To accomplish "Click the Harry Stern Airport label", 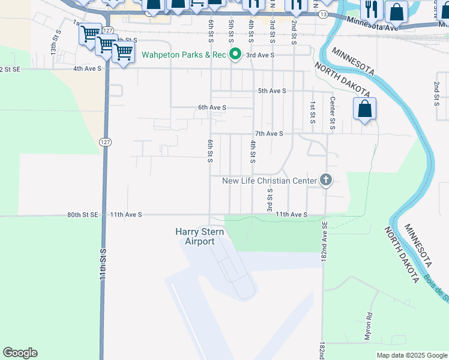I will (x=195, y=236).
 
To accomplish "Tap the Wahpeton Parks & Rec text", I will (x=184, y=55).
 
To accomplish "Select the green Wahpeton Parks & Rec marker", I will (x=236, y=55).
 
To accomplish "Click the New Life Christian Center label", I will (x=269, y=181).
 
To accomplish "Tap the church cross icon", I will (x=326, y=179).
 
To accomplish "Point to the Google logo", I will (x=20, y=353).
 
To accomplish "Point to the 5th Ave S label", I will (x=271, y=91).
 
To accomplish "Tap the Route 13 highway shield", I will (x=324, y=14).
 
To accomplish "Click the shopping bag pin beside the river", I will (x=364, y=109).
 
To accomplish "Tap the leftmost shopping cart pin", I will (x=90, y=34).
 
